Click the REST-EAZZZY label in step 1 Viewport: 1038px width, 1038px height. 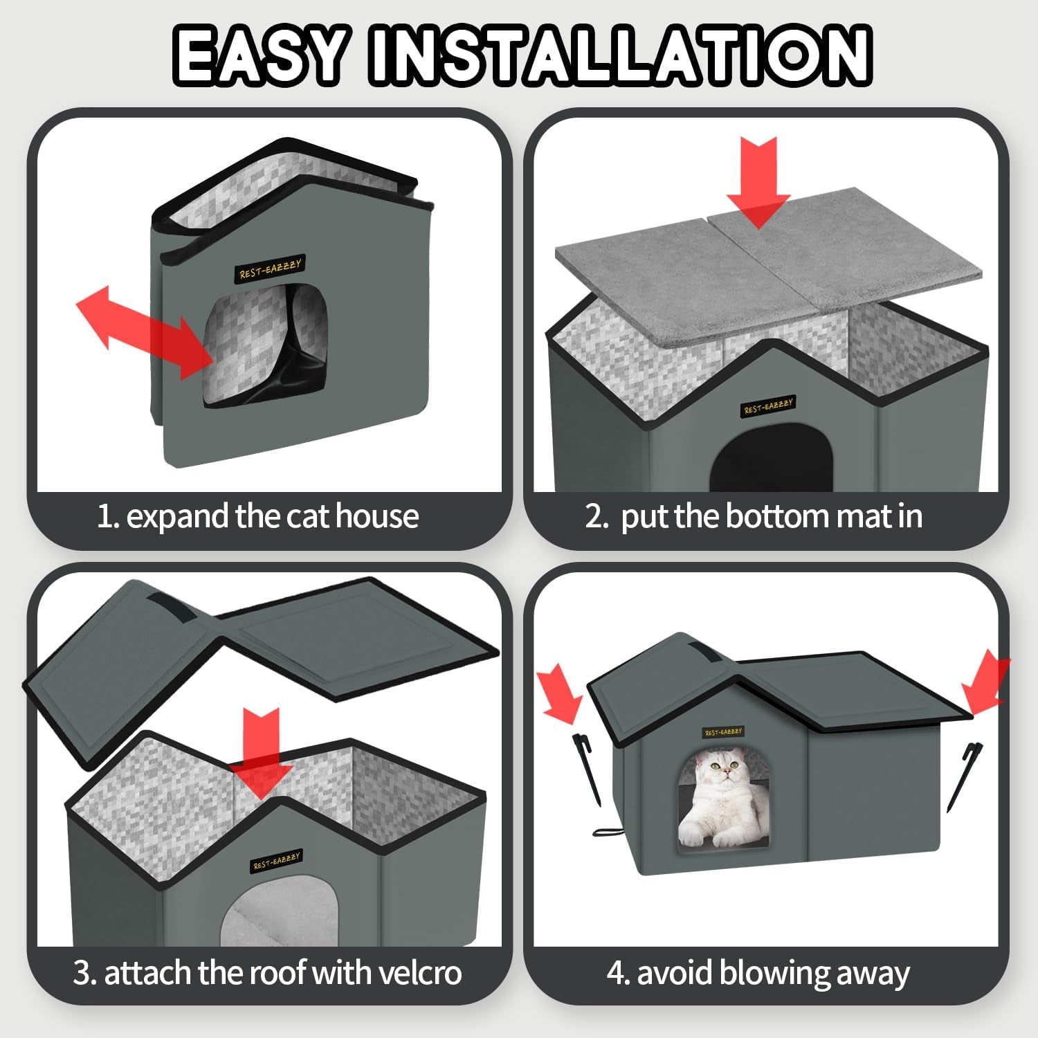(x=271, y=268)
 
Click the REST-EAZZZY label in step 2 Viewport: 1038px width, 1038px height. (x=768, y=406)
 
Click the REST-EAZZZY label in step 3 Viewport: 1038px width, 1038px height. (x=276, y=861)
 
